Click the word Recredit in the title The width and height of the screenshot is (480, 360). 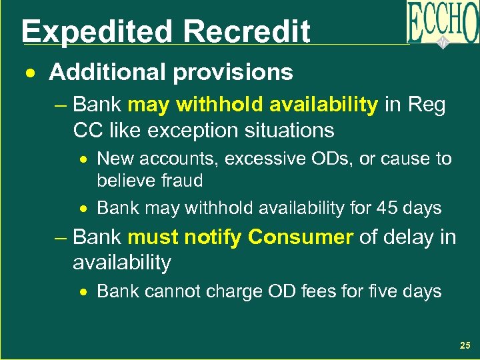coord(247,31)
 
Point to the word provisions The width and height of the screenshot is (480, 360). coord(229,72)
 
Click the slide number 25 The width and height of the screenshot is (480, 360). coord(465,345)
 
